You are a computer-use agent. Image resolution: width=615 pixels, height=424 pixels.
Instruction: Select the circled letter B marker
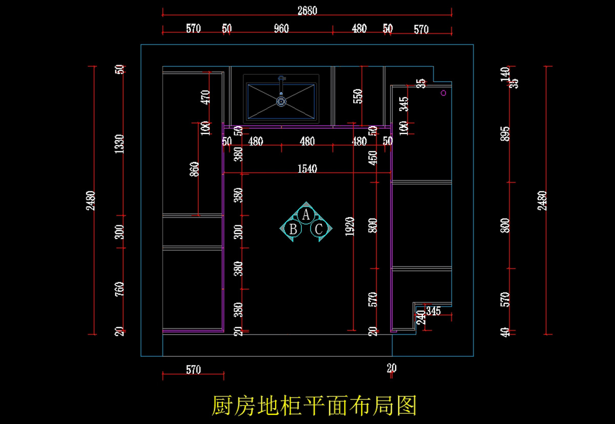(293, 229)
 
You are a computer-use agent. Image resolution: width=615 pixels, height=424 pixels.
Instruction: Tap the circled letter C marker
(319, 229)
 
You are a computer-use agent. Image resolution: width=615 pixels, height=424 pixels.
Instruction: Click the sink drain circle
(281, 102)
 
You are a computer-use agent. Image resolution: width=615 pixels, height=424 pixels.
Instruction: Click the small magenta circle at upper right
(444, 93)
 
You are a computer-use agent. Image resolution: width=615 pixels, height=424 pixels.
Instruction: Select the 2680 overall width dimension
(307, 11)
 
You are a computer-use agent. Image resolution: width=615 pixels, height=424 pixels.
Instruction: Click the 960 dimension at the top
(281, 29)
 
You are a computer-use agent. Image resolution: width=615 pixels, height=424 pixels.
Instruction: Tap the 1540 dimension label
(307, 168)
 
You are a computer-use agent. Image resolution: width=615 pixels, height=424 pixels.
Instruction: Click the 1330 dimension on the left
(119, 144)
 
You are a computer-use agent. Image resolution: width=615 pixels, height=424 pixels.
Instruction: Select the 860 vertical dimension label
(194, 169)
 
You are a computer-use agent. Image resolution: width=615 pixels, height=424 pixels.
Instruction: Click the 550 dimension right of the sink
(358, 97)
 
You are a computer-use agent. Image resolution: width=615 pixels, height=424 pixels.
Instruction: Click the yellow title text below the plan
(314, 406)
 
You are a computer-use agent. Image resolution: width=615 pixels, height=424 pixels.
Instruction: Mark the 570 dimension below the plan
(193, 370)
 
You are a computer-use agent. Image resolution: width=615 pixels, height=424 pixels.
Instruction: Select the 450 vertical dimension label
(373, 158)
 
